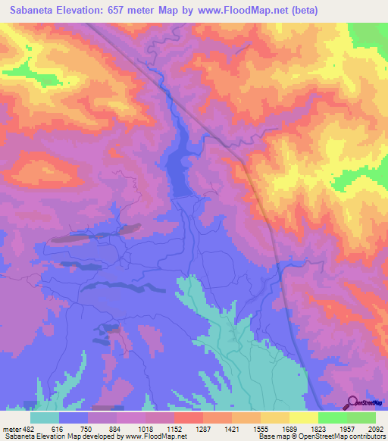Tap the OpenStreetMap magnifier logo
pos(352,402)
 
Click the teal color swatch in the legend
pos(45,418)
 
